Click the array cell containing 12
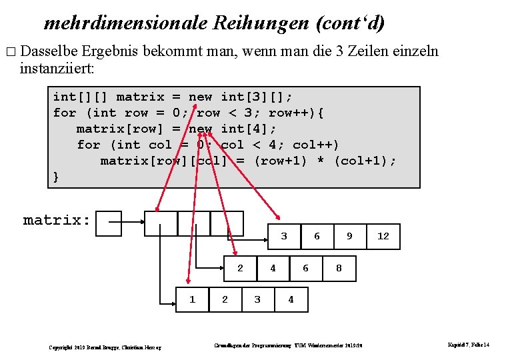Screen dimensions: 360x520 pos(383,236)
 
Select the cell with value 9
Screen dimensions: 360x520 pos(350,236)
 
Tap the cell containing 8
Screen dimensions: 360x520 pos(339,268)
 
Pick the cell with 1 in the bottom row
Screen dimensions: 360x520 pos(193,299)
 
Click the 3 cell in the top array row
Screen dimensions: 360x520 pos(284,236)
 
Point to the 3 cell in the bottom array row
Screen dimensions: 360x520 pos(258,299)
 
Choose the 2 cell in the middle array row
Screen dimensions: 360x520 pos(240,268)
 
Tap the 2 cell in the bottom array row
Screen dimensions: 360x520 pos(225,299)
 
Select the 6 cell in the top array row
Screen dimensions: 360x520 pos(317,236)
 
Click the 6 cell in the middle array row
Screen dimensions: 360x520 pos(306,268)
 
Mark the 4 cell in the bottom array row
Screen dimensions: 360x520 pos(291,299)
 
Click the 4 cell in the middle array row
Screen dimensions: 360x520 pos(273,268)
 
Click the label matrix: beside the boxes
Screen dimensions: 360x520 pos(57,220)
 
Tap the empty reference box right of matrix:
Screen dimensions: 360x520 pos(109,223)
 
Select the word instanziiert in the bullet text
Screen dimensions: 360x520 pos(56,68)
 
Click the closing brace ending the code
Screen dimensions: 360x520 pos(57,177)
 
